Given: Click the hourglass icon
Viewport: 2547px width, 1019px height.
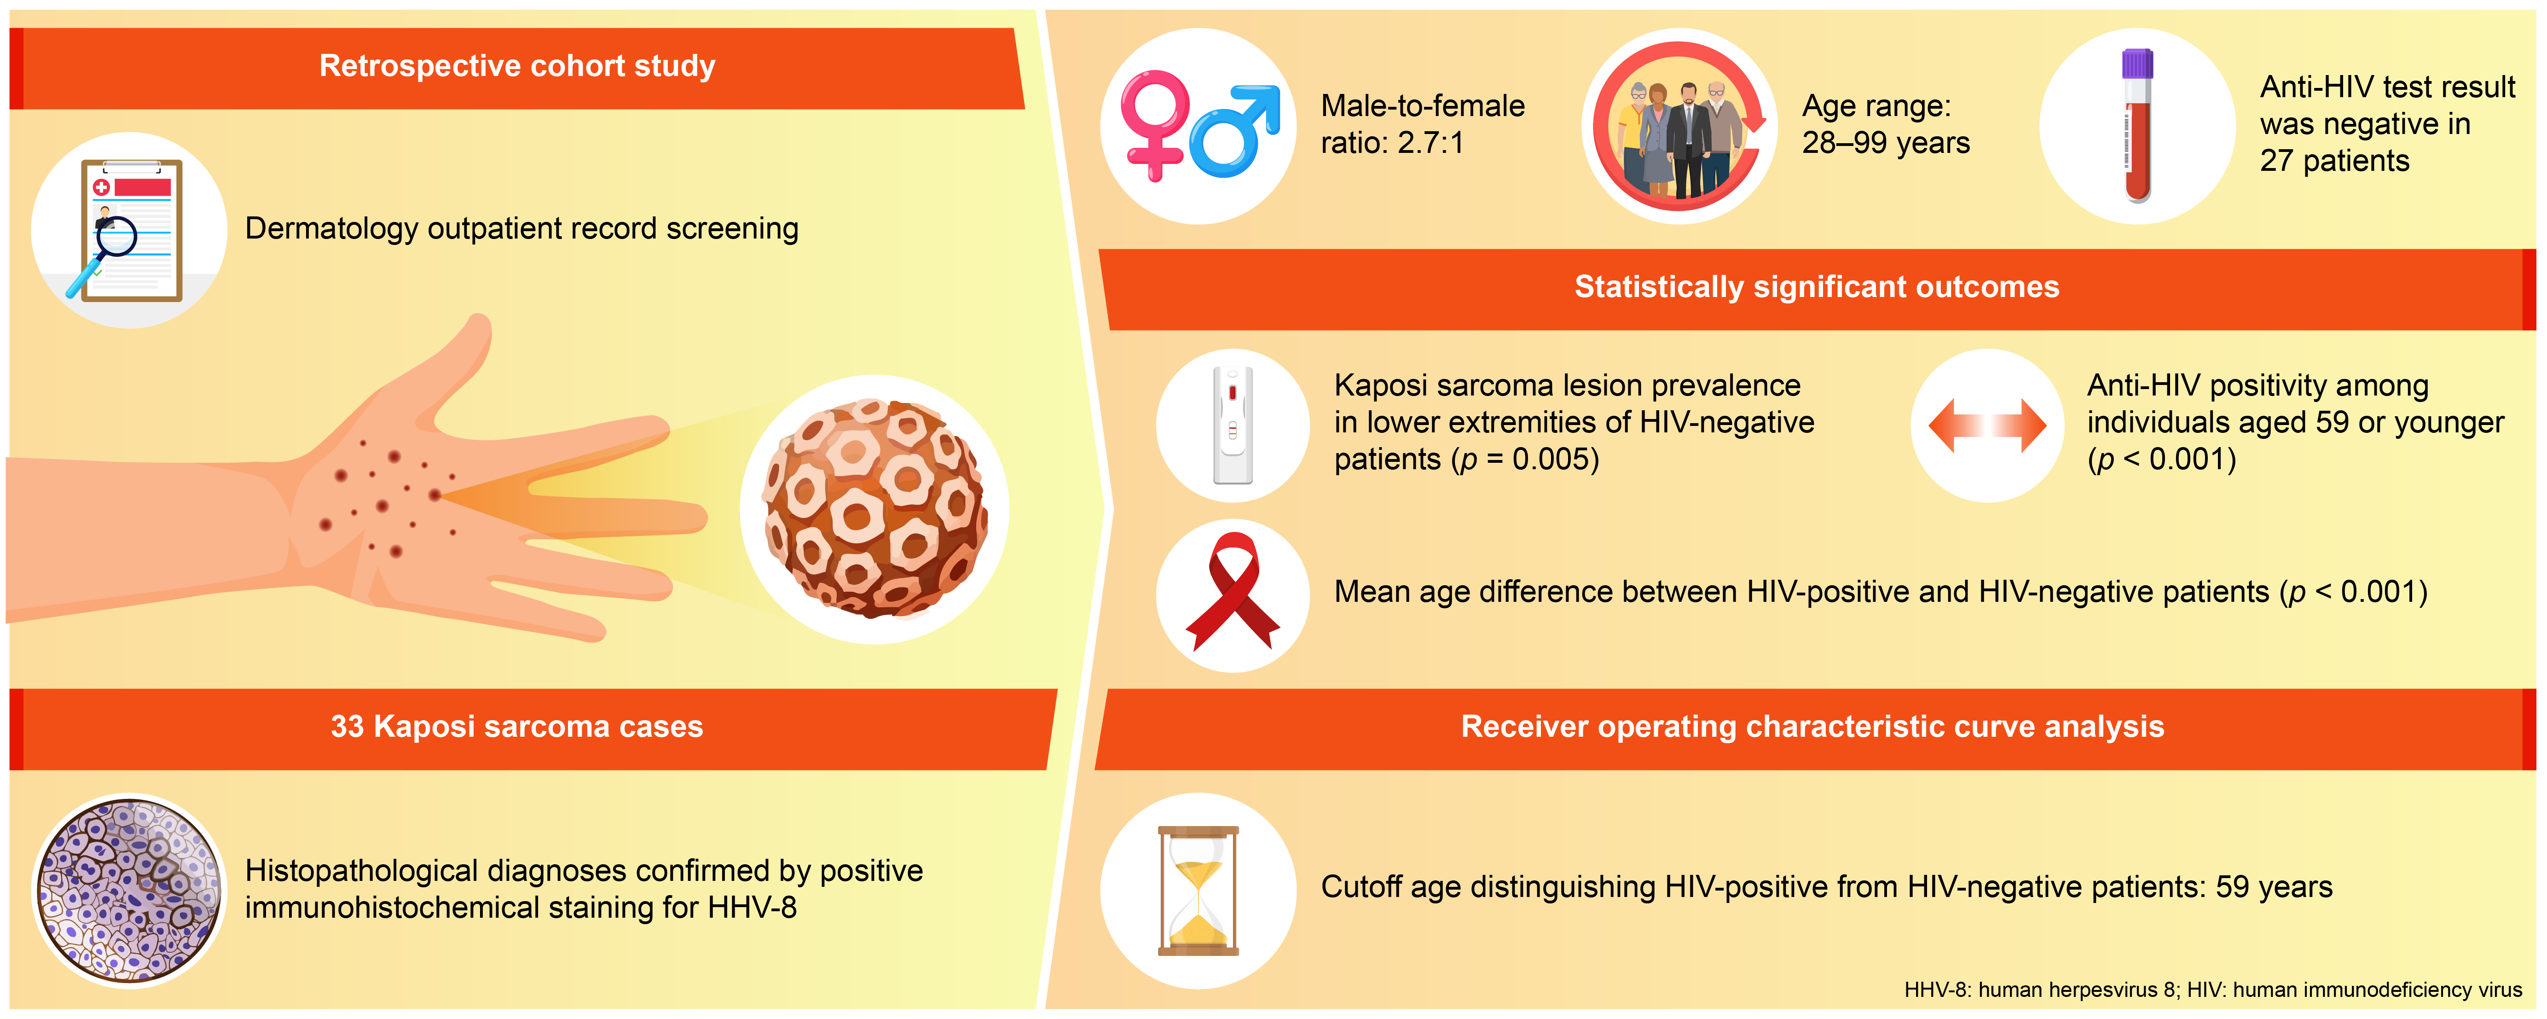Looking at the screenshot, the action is pos(1198,891).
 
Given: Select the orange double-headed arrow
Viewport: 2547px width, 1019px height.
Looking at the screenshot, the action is pos(1987,425).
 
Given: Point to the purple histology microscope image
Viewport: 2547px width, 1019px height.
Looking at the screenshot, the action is pos(128,891).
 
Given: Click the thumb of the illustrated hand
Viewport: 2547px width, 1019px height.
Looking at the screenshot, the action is pos(435,366).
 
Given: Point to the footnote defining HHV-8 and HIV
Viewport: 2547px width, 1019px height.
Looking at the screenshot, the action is pos(2213,990).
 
